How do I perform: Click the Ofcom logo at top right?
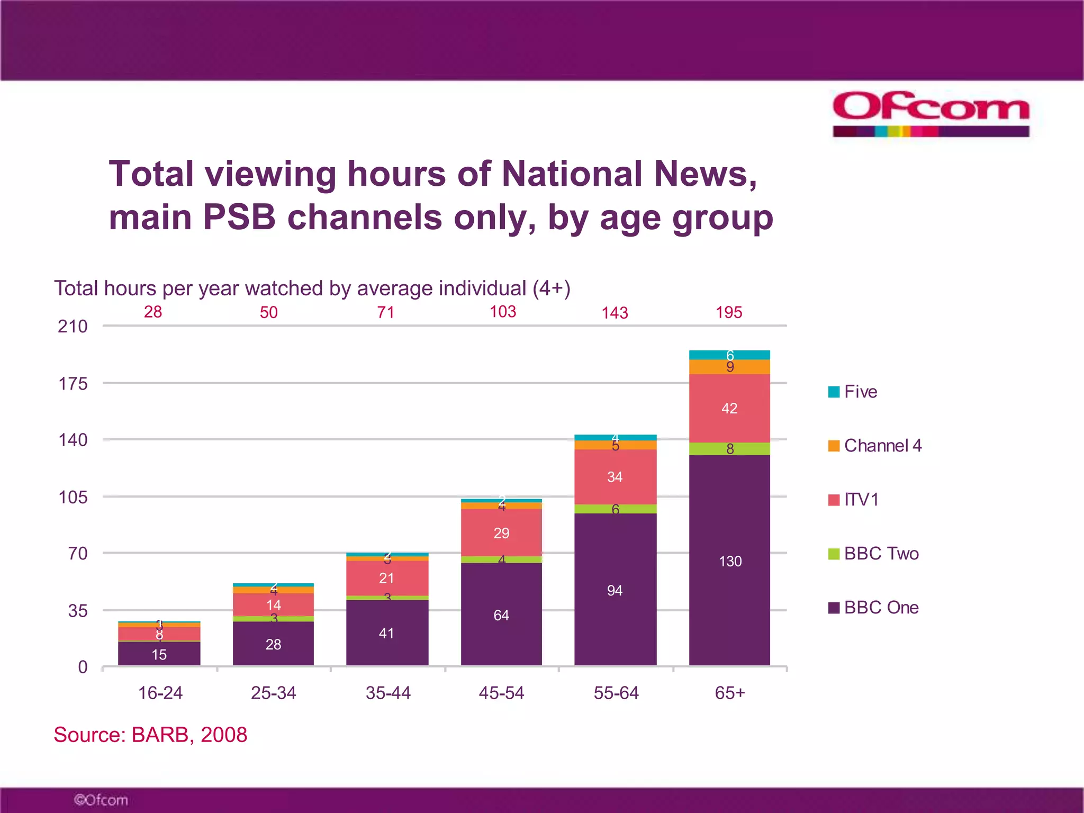tap(931, 114)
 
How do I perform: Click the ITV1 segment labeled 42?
tap(729, 408)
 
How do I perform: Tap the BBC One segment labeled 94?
tap(615, 590)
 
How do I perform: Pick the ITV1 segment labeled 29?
tap(501, 532)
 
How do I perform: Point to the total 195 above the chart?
tap(729, 312)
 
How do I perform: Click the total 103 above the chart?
tap(502, 312)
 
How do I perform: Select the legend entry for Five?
tap(853, 392)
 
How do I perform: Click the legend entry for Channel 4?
tap(875, 446)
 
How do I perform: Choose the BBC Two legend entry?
tap(873, 554)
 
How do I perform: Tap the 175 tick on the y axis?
tap(73, 383)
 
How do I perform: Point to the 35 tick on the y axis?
tap(78, 611)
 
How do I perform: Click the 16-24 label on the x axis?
tap(160, 693)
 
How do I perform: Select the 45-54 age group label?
tap(501, 693)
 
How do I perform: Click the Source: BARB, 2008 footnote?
tap(150, 735)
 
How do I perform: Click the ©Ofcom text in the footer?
tap(101, 800)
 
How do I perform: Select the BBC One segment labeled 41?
tap(387, 633)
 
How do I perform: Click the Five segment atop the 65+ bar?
tap(729, 355)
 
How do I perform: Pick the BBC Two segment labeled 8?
tap(729, 449)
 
